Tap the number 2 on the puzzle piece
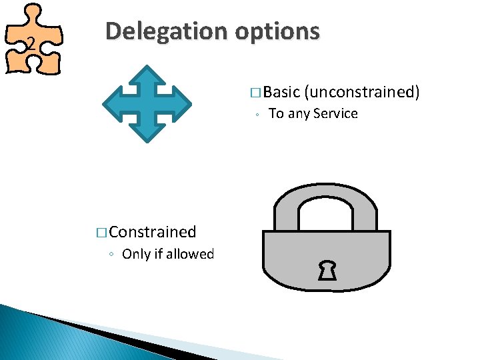pos(29,45)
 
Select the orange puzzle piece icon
pos(33,39)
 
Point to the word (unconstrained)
pos(361,93)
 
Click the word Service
pos(335,114)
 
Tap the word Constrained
pos(153,232)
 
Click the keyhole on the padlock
pos(327,270)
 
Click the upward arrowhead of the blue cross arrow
pos(147,73)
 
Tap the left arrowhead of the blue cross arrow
pos(111,103)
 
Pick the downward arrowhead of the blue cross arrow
pos(147,133)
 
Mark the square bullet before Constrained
pos(102,233)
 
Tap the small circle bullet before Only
pos(113,255)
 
